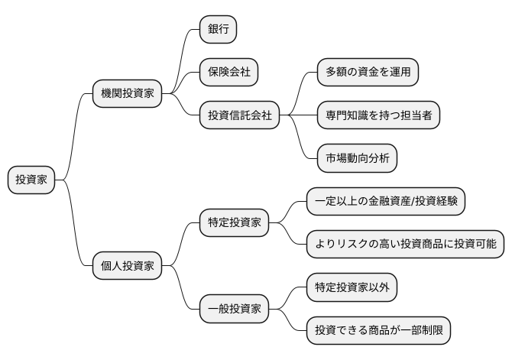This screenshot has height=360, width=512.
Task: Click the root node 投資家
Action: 31,180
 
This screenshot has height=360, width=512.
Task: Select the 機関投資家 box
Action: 127,93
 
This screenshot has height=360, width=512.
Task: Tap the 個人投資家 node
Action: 127,266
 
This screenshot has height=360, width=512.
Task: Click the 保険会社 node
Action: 228,72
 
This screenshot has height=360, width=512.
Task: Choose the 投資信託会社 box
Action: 238,115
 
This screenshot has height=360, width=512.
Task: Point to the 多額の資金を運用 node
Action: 368,72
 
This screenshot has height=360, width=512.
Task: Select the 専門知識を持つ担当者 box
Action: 378,115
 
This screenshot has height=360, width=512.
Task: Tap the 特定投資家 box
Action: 234,223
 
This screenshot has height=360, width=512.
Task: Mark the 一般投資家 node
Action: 234,310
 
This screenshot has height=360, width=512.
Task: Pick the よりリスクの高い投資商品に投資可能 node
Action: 405,245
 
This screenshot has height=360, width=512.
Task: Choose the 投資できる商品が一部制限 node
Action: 378,331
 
